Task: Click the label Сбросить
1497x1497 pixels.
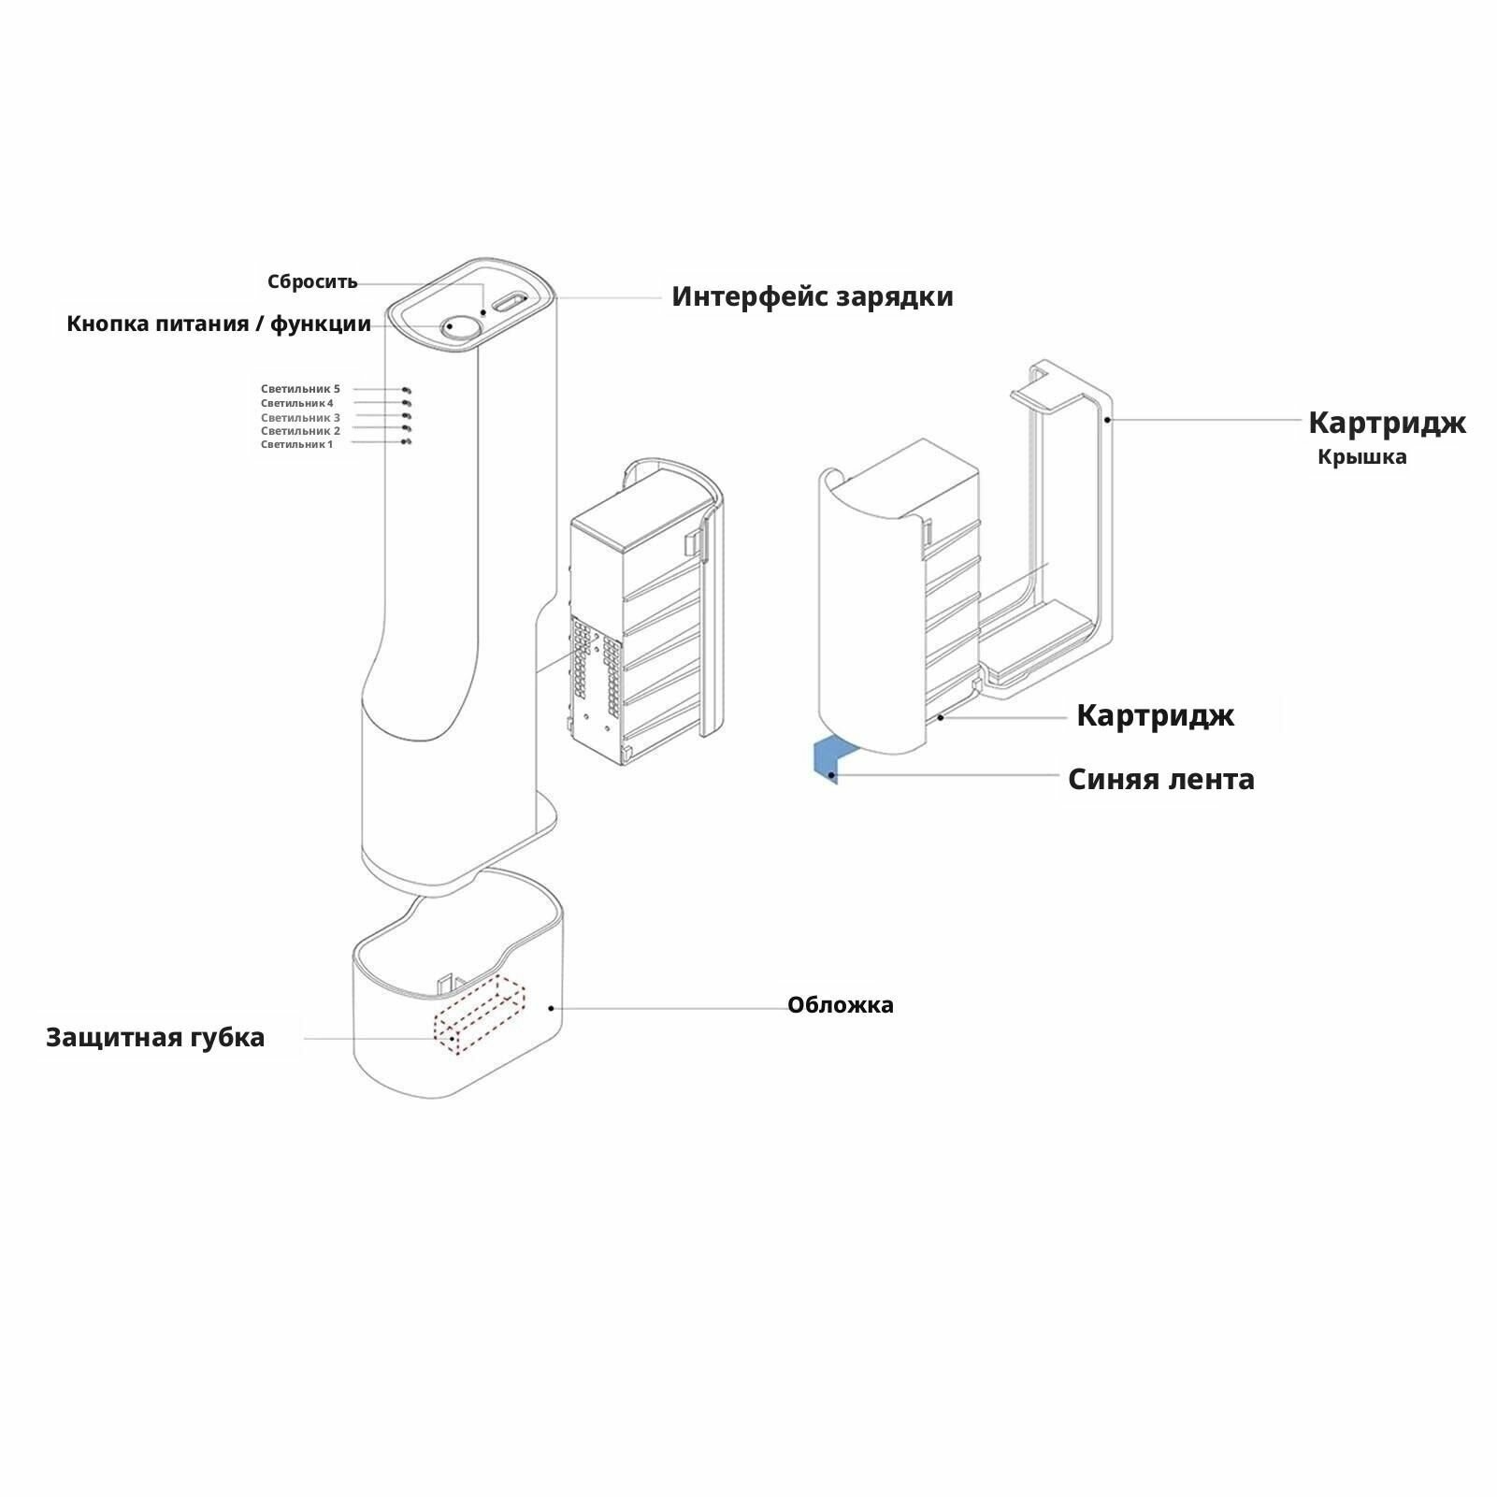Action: pyautogui.click(x=312, y=281)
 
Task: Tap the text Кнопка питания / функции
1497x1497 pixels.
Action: pyautogui.click(x=219, y=324)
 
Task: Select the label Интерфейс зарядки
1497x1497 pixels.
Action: pyautogui.click(x=812, y=296)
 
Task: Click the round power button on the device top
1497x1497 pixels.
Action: pyautogui.click(x=462, y=326)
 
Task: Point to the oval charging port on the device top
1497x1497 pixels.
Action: pyautogui.click(x=511, y=302)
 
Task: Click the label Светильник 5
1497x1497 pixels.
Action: pyautogui.click(x=300, y=389)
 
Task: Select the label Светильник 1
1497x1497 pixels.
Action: pyautogui.click(x=296, y=444)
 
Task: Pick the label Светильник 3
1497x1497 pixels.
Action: pyautogui.click(x=300, y=417)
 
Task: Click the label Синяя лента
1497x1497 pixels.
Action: pyautogui.click(x=1160, y=779)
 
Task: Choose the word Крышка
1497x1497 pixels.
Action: pyautogui.click(x=1361, y=457)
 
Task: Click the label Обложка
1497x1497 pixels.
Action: pyautogui.click(x=840, y=1005)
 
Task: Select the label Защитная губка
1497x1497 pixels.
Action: pyautogui.click(x=155, y=1037)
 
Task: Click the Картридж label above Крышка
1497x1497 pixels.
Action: pyautogui.click(x=1386, y=423)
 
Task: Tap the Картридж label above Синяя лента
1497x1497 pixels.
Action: pyautogui.click(x=1155, y=715)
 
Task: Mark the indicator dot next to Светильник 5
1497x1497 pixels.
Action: pyautogui.click(x=407, y=390)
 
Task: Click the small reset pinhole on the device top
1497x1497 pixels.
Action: pyautogui.click(x=483, y=312)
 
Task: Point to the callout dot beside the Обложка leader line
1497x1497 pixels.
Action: pyautogui.click(x=552, y=1008)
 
